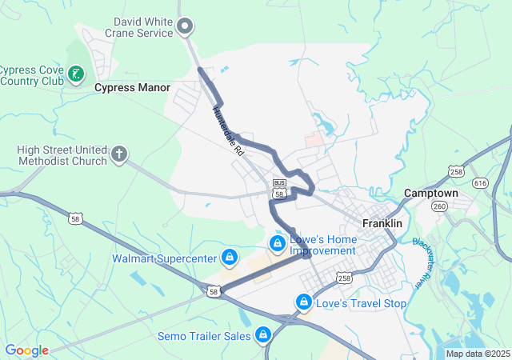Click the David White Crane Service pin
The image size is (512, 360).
tap(185, 28)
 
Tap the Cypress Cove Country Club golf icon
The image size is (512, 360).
tap(77, 74)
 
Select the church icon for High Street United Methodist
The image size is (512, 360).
tap(119, 154)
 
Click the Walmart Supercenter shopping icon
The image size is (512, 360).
tap(230, 258)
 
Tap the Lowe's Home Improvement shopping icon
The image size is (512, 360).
tap(277, 242)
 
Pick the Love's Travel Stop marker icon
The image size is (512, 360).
tap(303, 302)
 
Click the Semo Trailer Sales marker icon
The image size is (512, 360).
tap(262, 335)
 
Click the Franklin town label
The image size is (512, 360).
tap(382, 224)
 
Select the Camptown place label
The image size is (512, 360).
tap(430, 194)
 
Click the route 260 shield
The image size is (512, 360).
tap(440, 206)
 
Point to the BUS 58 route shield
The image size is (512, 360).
tap(279, 188)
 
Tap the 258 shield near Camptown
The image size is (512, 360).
tap(456, 171)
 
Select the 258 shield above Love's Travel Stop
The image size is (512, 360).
tap(344, 278)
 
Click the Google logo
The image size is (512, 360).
tap(26, 350)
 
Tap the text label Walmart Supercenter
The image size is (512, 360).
tap(164, 258)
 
